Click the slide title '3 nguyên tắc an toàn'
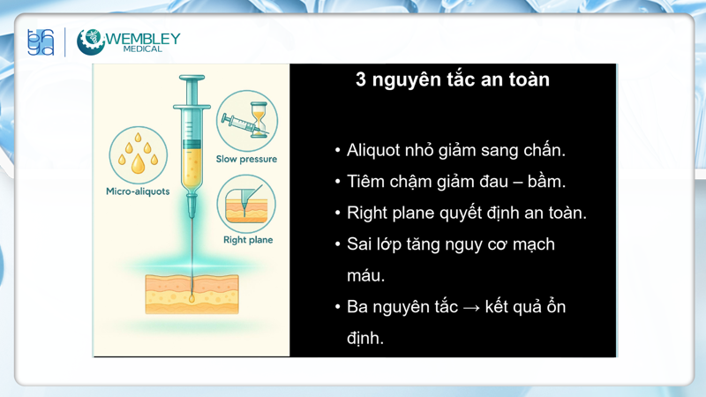452,79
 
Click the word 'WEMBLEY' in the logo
144,38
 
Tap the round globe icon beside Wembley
90,41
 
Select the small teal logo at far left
41,41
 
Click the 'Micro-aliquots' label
138,191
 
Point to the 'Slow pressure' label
246,159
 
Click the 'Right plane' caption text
248,239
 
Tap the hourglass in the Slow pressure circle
259,116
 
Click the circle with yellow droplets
139,154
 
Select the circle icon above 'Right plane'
246,205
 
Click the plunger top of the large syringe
192,79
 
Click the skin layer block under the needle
192,294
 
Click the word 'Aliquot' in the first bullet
375,150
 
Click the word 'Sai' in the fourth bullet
359,244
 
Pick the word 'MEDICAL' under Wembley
144,49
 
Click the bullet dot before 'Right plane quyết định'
338,213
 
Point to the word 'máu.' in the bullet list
365,276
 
